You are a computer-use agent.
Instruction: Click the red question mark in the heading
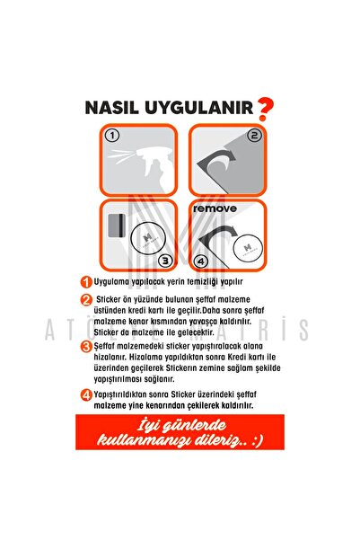[265, 109]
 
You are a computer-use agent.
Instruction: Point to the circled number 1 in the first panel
[112, 137]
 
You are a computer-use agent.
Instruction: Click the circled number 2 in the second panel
[254, 137]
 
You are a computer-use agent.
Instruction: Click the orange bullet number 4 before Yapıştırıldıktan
[86, 394]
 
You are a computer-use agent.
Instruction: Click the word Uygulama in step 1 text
[113, 281]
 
